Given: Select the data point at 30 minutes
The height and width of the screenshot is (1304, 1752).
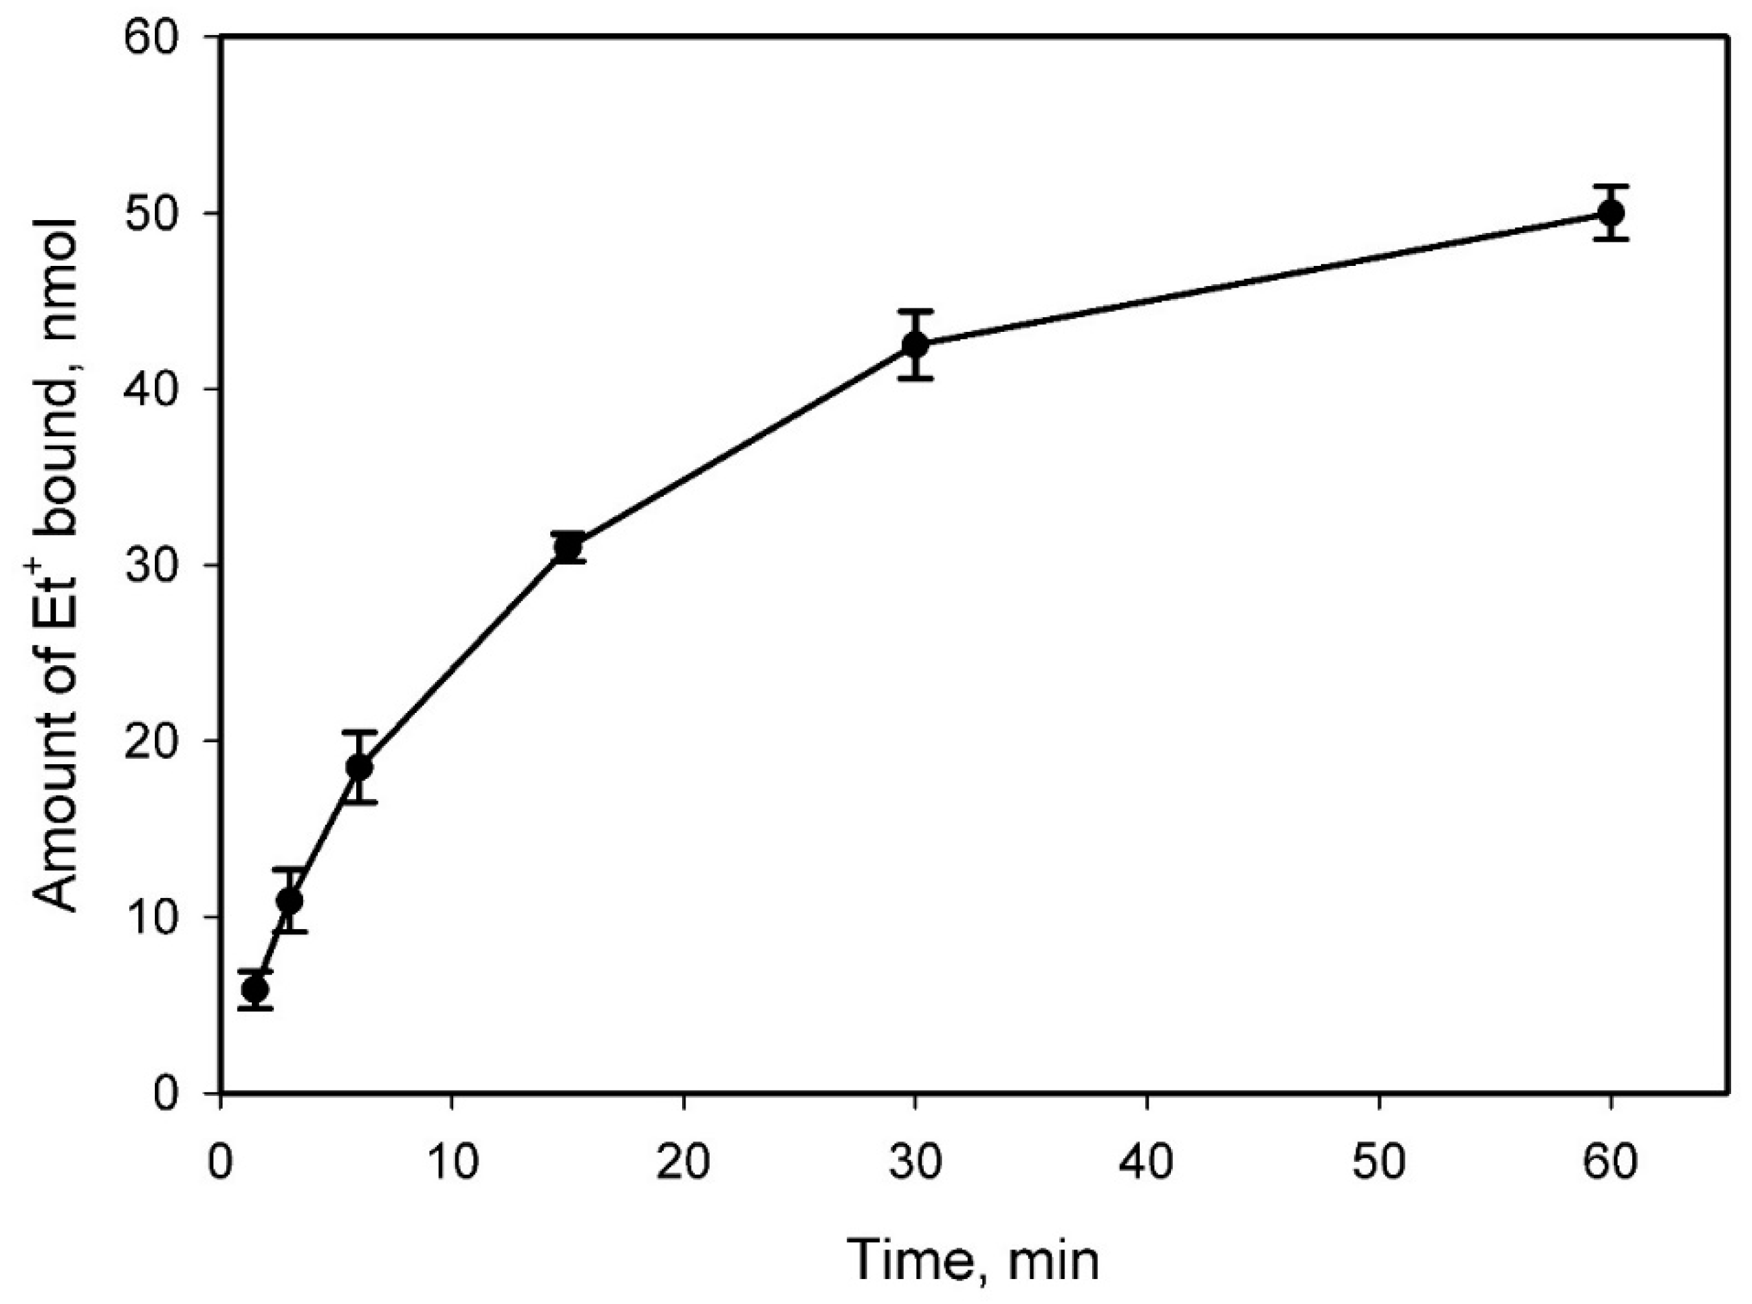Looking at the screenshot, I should [x=915, y=345].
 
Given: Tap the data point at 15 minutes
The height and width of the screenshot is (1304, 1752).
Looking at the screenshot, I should [x=568, y=546].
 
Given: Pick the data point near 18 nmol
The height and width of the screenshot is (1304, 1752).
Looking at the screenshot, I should [x=360, y=767].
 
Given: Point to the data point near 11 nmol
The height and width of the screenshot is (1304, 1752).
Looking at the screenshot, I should [x=290, y=901].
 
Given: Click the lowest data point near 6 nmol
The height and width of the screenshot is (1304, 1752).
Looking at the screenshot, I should [x=255, y=989].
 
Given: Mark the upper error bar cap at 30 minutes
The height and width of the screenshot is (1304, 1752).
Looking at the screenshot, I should [x=915, y=311].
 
